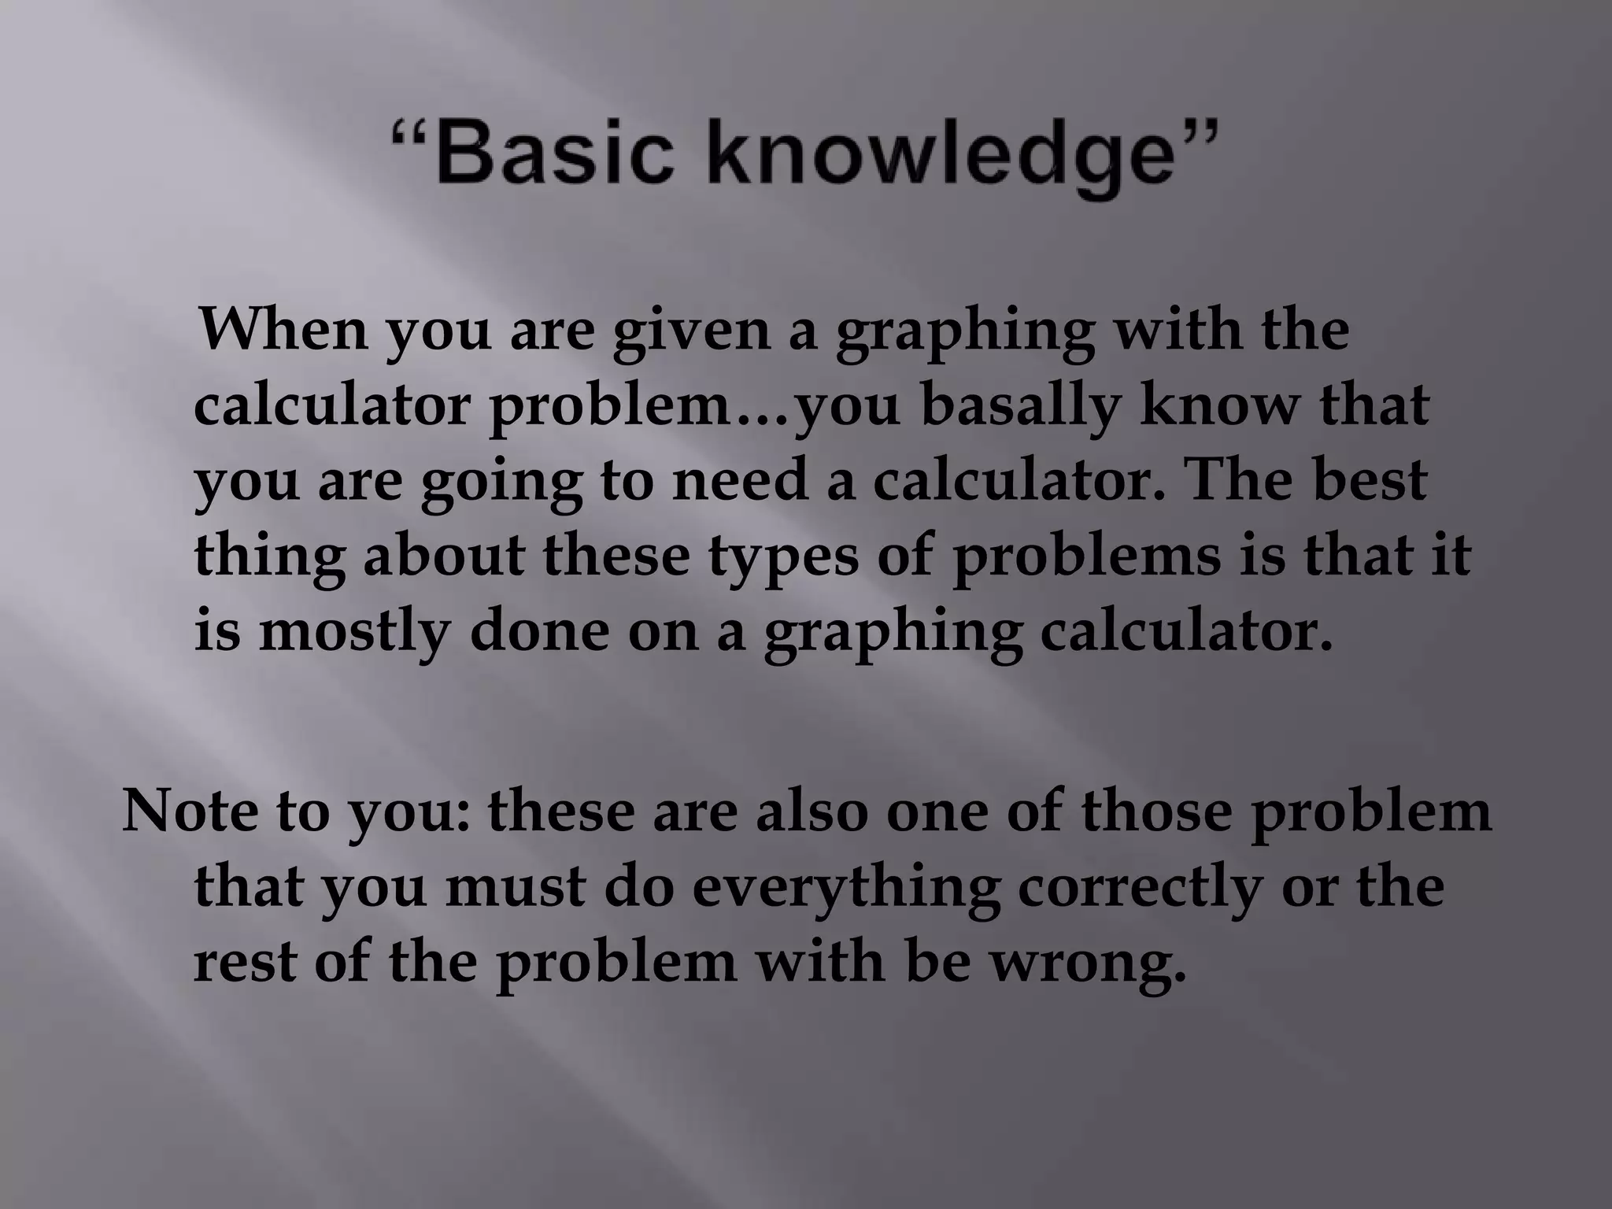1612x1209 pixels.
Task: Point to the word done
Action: tap(539, 631)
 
